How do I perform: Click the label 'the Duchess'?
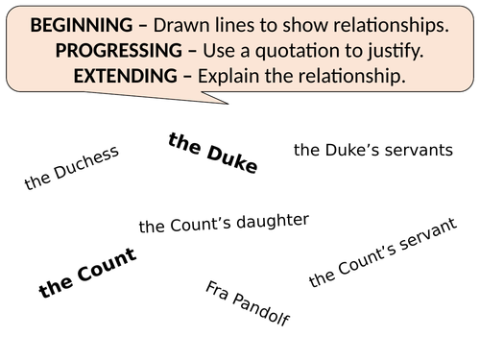click(72, 167)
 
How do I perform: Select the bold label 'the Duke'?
click(212, 154)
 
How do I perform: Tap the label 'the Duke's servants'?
click(372, 150)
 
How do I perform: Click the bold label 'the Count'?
click(87, 272)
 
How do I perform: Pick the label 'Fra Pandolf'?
click(248, 303)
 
